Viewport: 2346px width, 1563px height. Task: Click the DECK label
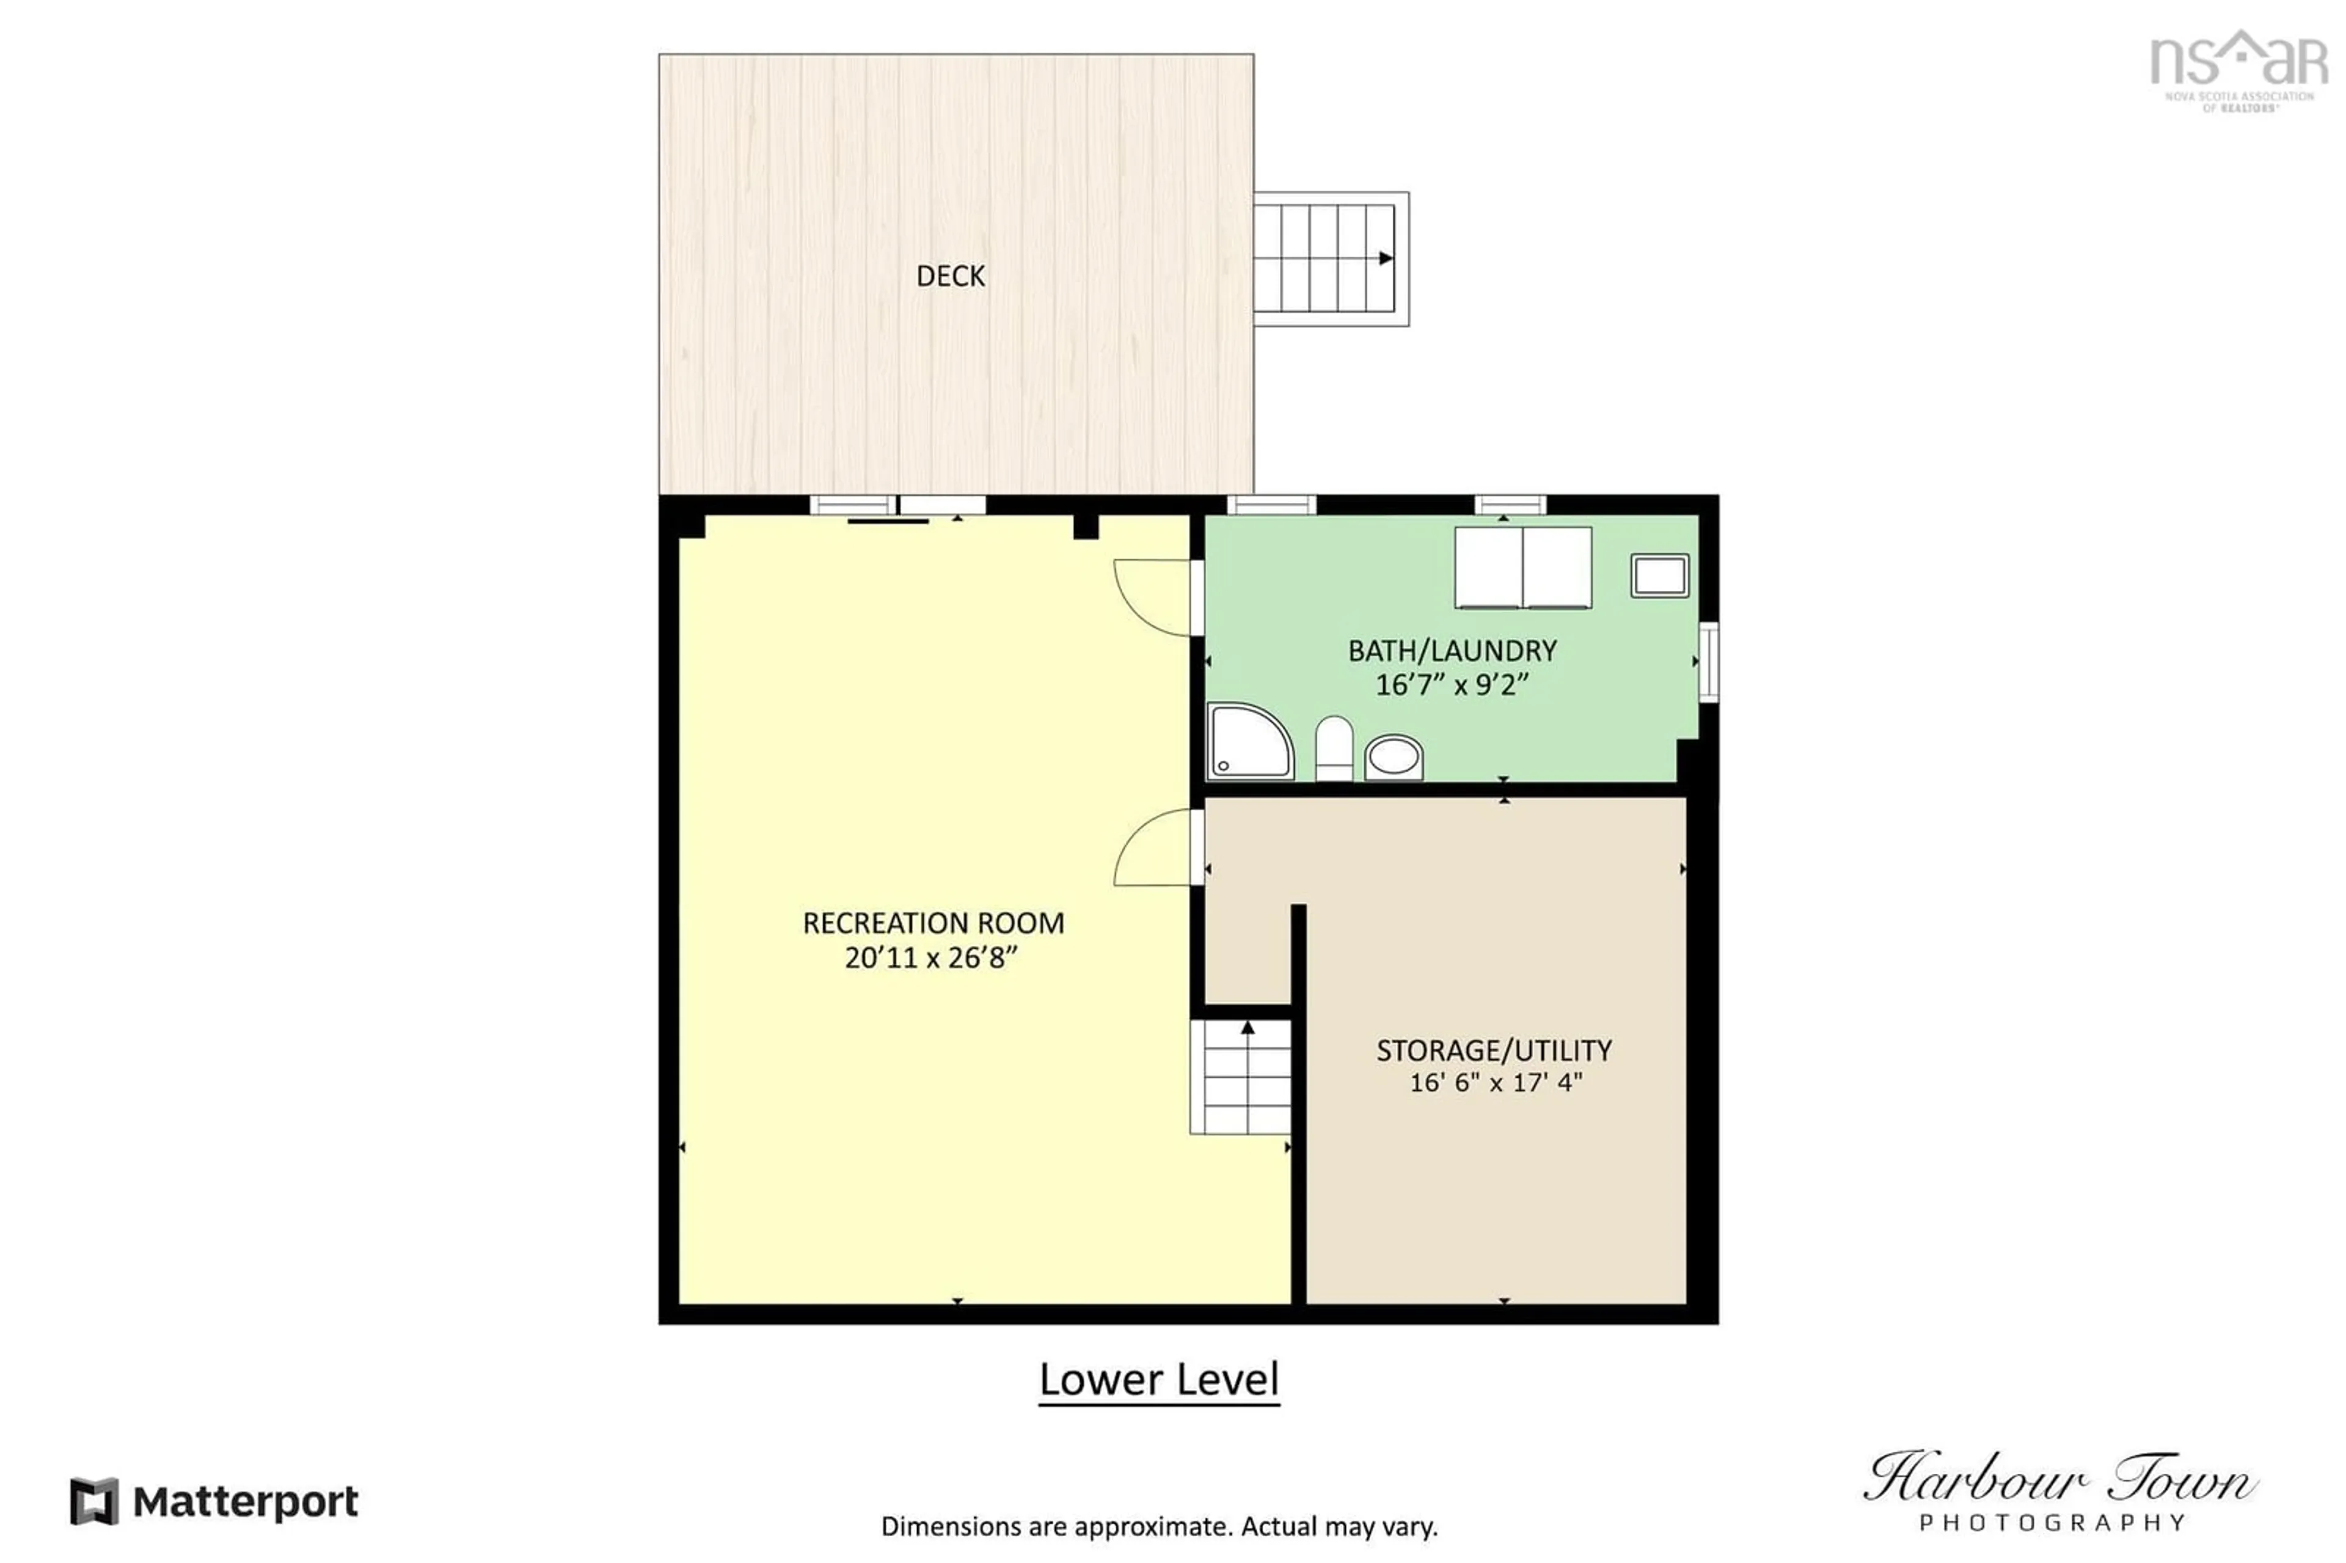click(950, 276)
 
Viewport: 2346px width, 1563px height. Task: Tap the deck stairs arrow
click(1384, 258)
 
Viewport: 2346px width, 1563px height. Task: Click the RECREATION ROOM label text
click(933, 923)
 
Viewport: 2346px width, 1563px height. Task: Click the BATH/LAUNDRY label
click(1451, 651)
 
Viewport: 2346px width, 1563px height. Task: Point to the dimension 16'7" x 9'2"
click(1451, 685)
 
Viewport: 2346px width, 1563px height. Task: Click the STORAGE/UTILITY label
click(1493, 1050)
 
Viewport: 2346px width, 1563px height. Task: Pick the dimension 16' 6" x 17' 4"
click(1495, 1083)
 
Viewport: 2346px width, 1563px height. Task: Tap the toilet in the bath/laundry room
click(1334, 748)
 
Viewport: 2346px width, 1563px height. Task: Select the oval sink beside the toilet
click(1392, 758)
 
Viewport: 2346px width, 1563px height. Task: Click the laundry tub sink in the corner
click(1658, 575)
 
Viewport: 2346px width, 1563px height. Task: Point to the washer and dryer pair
click(1522, 567)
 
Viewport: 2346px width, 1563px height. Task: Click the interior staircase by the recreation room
click(1241, 1077)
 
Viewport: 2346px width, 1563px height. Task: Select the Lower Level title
click(1158, 1380)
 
